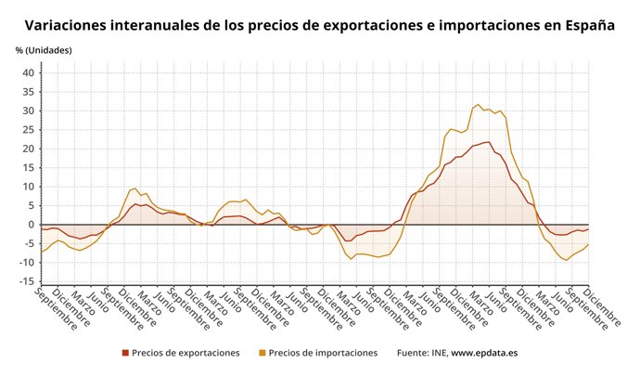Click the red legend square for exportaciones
click(x=125, y=353)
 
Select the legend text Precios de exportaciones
click(x=186, y=353)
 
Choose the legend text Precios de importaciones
click(x=324, y=353)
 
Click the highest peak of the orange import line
click(x=478, y=105)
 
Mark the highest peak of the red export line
click(x=488, y=142)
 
